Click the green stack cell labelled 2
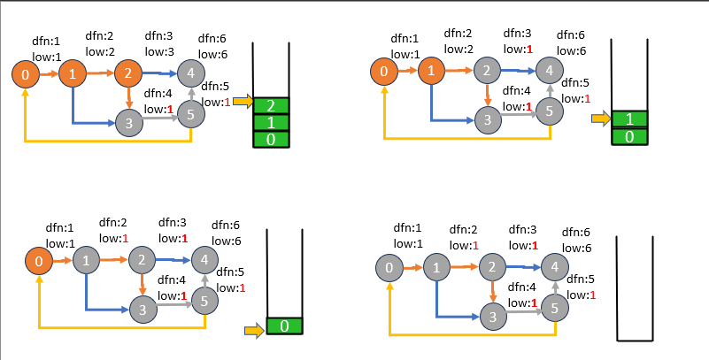click(x=270, y=105)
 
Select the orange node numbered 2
click(x=128, y=73)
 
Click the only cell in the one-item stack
click(x=283, y=326)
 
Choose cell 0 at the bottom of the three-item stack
click(x=270, y=139)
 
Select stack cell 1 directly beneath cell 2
click(x=270, y=122)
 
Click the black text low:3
click(x=159, y=52)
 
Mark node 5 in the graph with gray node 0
click(x=554, y=308)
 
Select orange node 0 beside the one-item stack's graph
click(x=38, y=261)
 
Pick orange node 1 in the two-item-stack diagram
click(x=429, y=71)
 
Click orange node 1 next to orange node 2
click(x=73, y=73)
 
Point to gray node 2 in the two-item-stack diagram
click(x=484, y=71)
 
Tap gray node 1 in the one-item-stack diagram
click(x=86, y=261)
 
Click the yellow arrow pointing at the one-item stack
click(x=254, y=330)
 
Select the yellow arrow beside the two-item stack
click(x=601, y=118)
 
